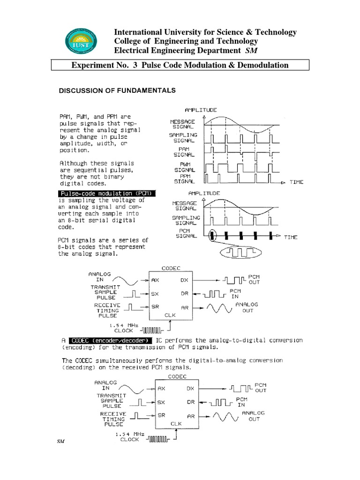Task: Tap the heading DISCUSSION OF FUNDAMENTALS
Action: coord(117,90)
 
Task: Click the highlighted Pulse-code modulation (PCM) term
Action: coord(107,194)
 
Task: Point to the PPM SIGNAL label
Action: coord(185,178)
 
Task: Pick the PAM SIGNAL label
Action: coord(185,151)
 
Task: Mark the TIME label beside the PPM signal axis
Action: coord(296,182)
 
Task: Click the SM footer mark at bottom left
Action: coord(60,442)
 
